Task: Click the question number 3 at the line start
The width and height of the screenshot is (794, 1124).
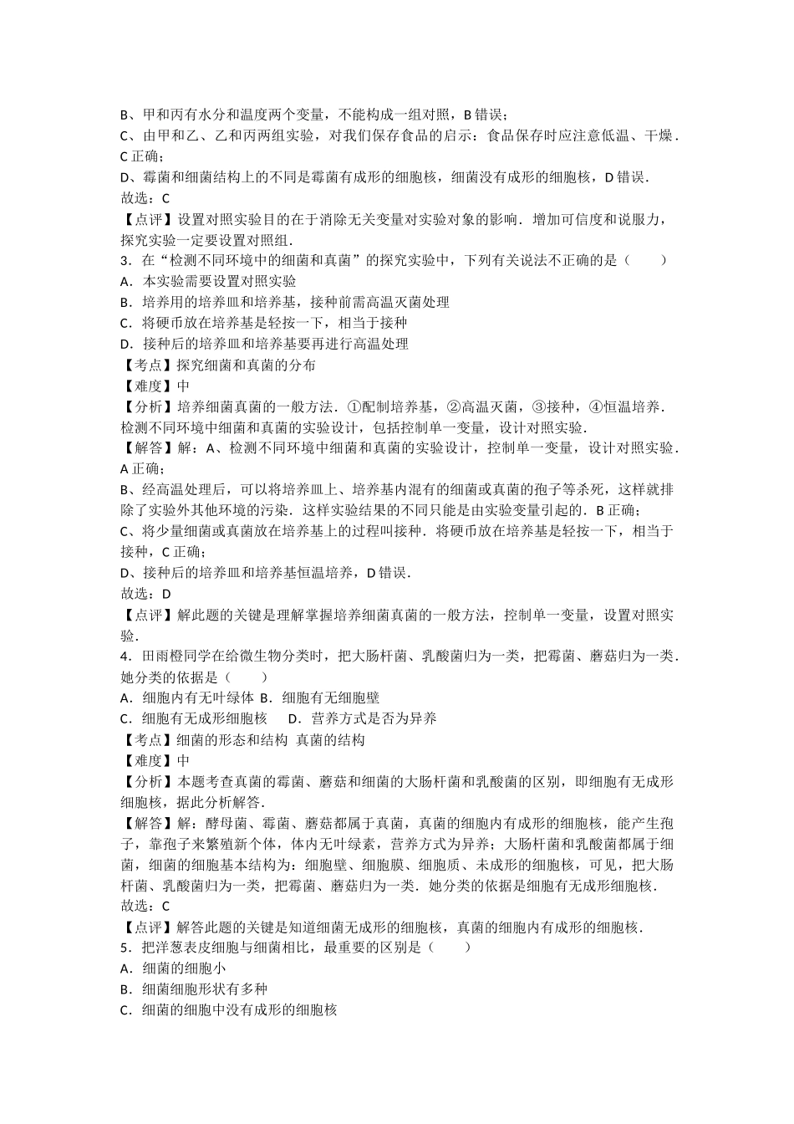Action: (x=125, y=260)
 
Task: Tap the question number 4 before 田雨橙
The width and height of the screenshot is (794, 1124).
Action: (x=125, y=657)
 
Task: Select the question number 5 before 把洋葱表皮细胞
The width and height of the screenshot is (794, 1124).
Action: (x=125, y=948)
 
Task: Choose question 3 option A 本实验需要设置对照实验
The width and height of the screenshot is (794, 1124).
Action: (x=208, y=281)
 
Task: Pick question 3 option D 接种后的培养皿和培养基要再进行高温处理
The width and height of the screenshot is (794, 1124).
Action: (x=264, y=344)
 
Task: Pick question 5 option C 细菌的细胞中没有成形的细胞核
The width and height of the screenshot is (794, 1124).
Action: (x=229, y=1010)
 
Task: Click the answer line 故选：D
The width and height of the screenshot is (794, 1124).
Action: (x=146, y=594)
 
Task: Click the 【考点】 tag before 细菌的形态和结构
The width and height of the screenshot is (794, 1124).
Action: (x=149, y=739)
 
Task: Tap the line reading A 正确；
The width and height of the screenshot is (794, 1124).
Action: (x=144, y=468)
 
